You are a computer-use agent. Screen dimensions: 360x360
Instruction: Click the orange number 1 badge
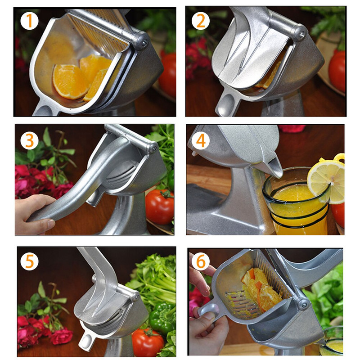pyautogui.click(x=29, y=20)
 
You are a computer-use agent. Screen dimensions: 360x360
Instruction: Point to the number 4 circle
pyautogui.click(x=200, y=140)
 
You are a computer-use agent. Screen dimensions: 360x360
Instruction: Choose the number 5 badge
pyautogui.click(x=29, y=261)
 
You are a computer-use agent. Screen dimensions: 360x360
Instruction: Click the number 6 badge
pyautogui.click(x=199, y=261)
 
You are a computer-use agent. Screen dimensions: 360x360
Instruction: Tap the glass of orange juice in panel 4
pyautogui.click(x=295, y=202)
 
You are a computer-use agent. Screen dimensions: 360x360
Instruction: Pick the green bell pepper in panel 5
pyautogui.click(x=162, y=317)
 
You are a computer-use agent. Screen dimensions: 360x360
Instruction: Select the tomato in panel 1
pyautogui.click(x=168, y=74)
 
